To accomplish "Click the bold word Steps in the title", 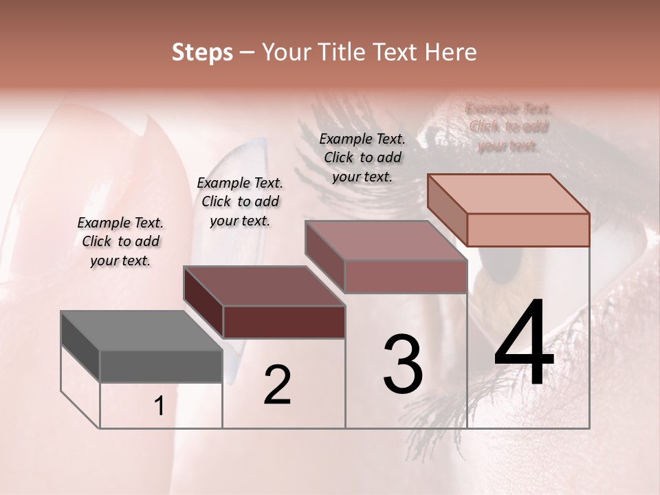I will click(x=202, y=52).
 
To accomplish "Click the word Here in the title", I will click(x=451, y=52).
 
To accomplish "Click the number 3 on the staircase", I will click(x=403, y=364).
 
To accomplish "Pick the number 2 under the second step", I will click(x=277, y=385).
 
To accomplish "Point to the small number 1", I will click(x=159, y=406).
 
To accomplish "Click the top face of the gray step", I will click(x=141, y=331).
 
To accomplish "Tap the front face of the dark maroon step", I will click(x=284, y=322).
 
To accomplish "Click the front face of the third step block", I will click(x=406, y=276).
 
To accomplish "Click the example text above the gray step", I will click(x=120, y=241).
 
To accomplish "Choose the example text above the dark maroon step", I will click(x=240, y=201).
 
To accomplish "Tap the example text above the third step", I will click(x=362, y=157).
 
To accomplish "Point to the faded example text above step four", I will click(x=509, y=127).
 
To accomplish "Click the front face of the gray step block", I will click(x=161, y=366).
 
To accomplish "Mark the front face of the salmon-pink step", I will click(x=527, y=230).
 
